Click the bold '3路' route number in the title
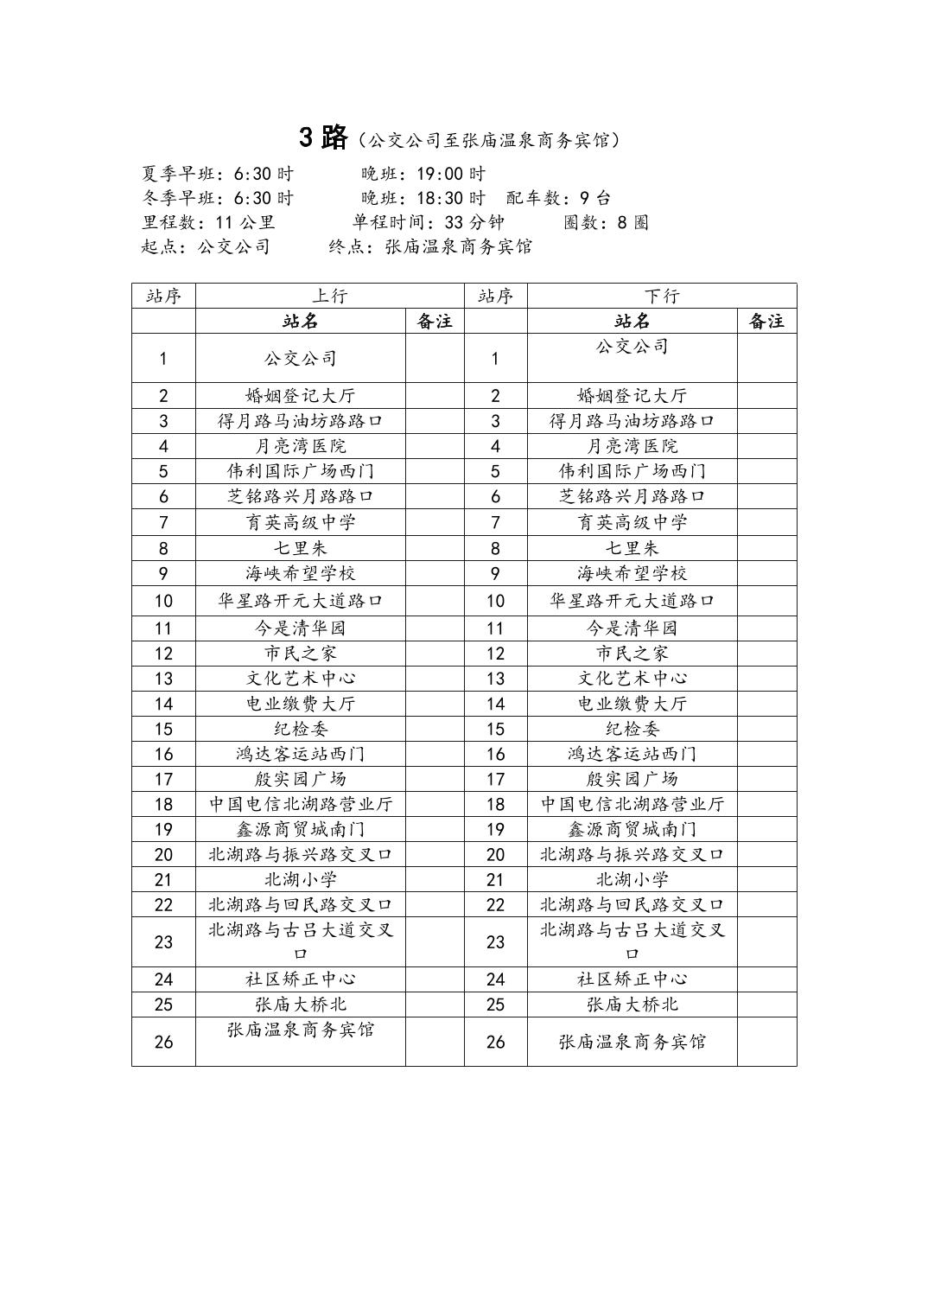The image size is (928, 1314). (323, 137)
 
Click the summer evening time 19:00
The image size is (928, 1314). (451, 174)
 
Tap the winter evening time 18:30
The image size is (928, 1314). (451, 198)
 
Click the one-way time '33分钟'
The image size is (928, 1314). (474, 222)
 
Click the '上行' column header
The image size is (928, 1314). (329, 296)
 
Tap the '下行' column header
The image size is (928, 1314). (662, 296)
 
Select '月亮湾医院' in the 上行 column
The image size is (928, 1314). (301, 446)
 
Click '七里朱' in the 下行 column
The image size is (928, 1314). (632, 548)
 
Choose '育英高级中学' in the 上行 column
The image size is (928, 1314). (301, 522)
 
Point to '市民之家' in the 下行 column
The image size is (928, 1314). (632, 654)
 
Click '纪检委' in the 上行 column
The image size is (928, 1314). (301, 729)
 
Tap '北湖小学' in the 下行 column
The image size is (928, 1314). (632, 880)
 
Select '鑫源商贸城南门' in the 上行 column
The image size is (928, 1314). (301, 829)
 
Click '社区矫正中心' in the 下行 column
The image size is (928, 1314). (632, 979)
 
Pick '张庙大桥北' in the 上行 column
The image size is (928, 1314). (301, 1005)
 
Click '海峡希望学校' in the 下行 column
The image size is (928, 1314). (632, 573)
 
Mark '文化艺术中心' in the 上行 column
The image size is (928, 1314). (301, 679)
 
